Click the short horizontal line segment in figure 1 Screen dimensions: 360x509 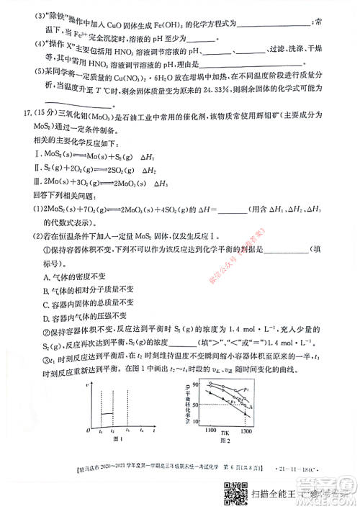point(108,414)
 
